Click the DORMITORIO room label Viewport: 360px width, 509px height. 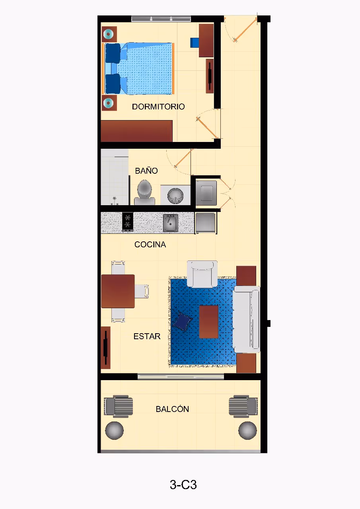tap(158, 107)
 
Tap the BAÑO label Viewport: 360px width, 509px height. tap(146, 171)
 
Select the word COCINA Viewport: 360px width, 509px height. tap(150, 245)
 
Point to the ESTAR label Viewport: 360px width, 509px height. tap(147, 336)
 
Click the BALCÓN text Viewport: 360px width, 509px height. tap(172, 409)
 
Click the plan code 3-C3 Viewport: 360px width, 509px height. tap(183, 484)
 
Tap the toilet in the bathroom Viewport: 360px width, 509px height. tap(144, 192)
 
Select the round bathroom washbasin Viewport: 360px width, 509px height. tap(175, 195)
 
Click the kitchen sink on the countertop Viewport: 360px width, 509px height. tap(171, 223)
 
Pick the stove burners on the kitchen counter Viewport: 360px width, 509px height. tap(128, 222)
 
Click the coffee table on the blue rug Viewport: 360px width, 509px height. tap(208, 322)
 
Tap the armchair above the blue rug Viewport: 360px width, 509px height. tap(202, 274)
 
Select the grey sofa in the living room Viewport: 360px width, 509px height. tap(247, 319)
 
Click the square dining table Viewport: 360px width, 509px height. tap(118, 291)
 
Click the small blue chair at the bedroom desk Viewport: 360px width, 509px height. tap(195, 43)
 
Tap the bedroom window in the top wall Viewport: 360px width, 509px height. tap(161, 19)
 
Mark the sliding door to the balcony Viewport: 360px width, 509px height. tap(181, 377)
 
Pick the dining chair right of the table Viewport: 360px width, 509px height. tap(142, 291)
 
